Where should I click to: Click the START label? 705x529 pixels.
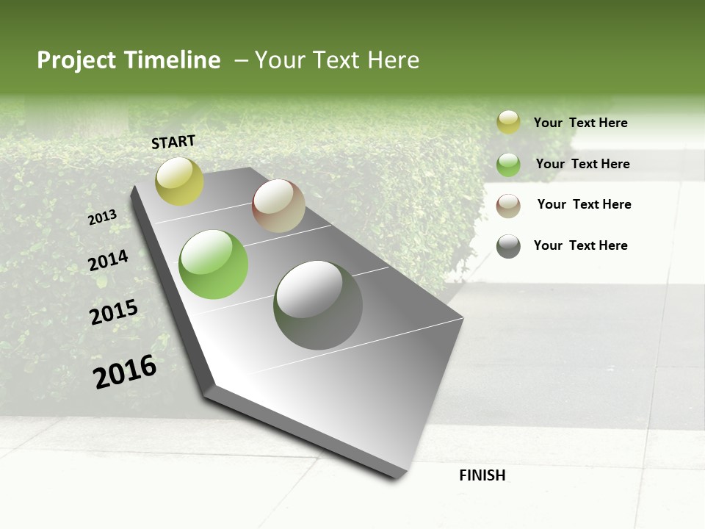(173, 142)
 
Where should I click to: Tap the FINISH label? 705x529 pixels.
(482, 475)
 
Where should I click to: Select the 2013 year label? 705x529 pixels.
(102, 217)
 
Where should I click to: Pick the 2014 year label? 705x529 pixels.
(108, 261)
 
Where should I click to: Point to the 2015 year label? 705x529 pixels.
(114, 312)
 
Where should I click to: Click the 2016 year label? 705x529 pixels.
(125, 371)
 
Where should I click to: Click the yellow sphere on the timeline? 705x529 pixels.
(179, 181)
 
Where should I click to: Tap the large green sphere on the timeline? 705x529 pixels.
(214, 264)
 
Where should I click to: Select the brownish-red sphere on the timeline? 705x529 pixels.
(278, 206)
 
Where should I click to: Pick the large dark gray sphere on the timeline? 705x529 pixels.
(318, 305)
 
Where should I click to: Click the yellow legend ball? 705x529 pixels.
(508, 123)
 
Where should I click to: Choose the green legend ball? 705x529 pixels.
(508, 165)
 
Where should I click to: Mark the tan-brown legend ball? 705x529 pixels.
(508, 205)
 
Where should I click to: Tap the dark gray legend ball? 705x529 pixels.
(508, 246)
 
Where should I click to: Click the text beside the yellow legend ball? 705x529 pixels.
(580, 123)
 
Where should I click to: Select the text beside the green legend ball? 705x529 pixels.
(582, 164)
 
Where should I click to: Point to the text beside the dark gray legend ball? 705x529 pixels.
(580, 245)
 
